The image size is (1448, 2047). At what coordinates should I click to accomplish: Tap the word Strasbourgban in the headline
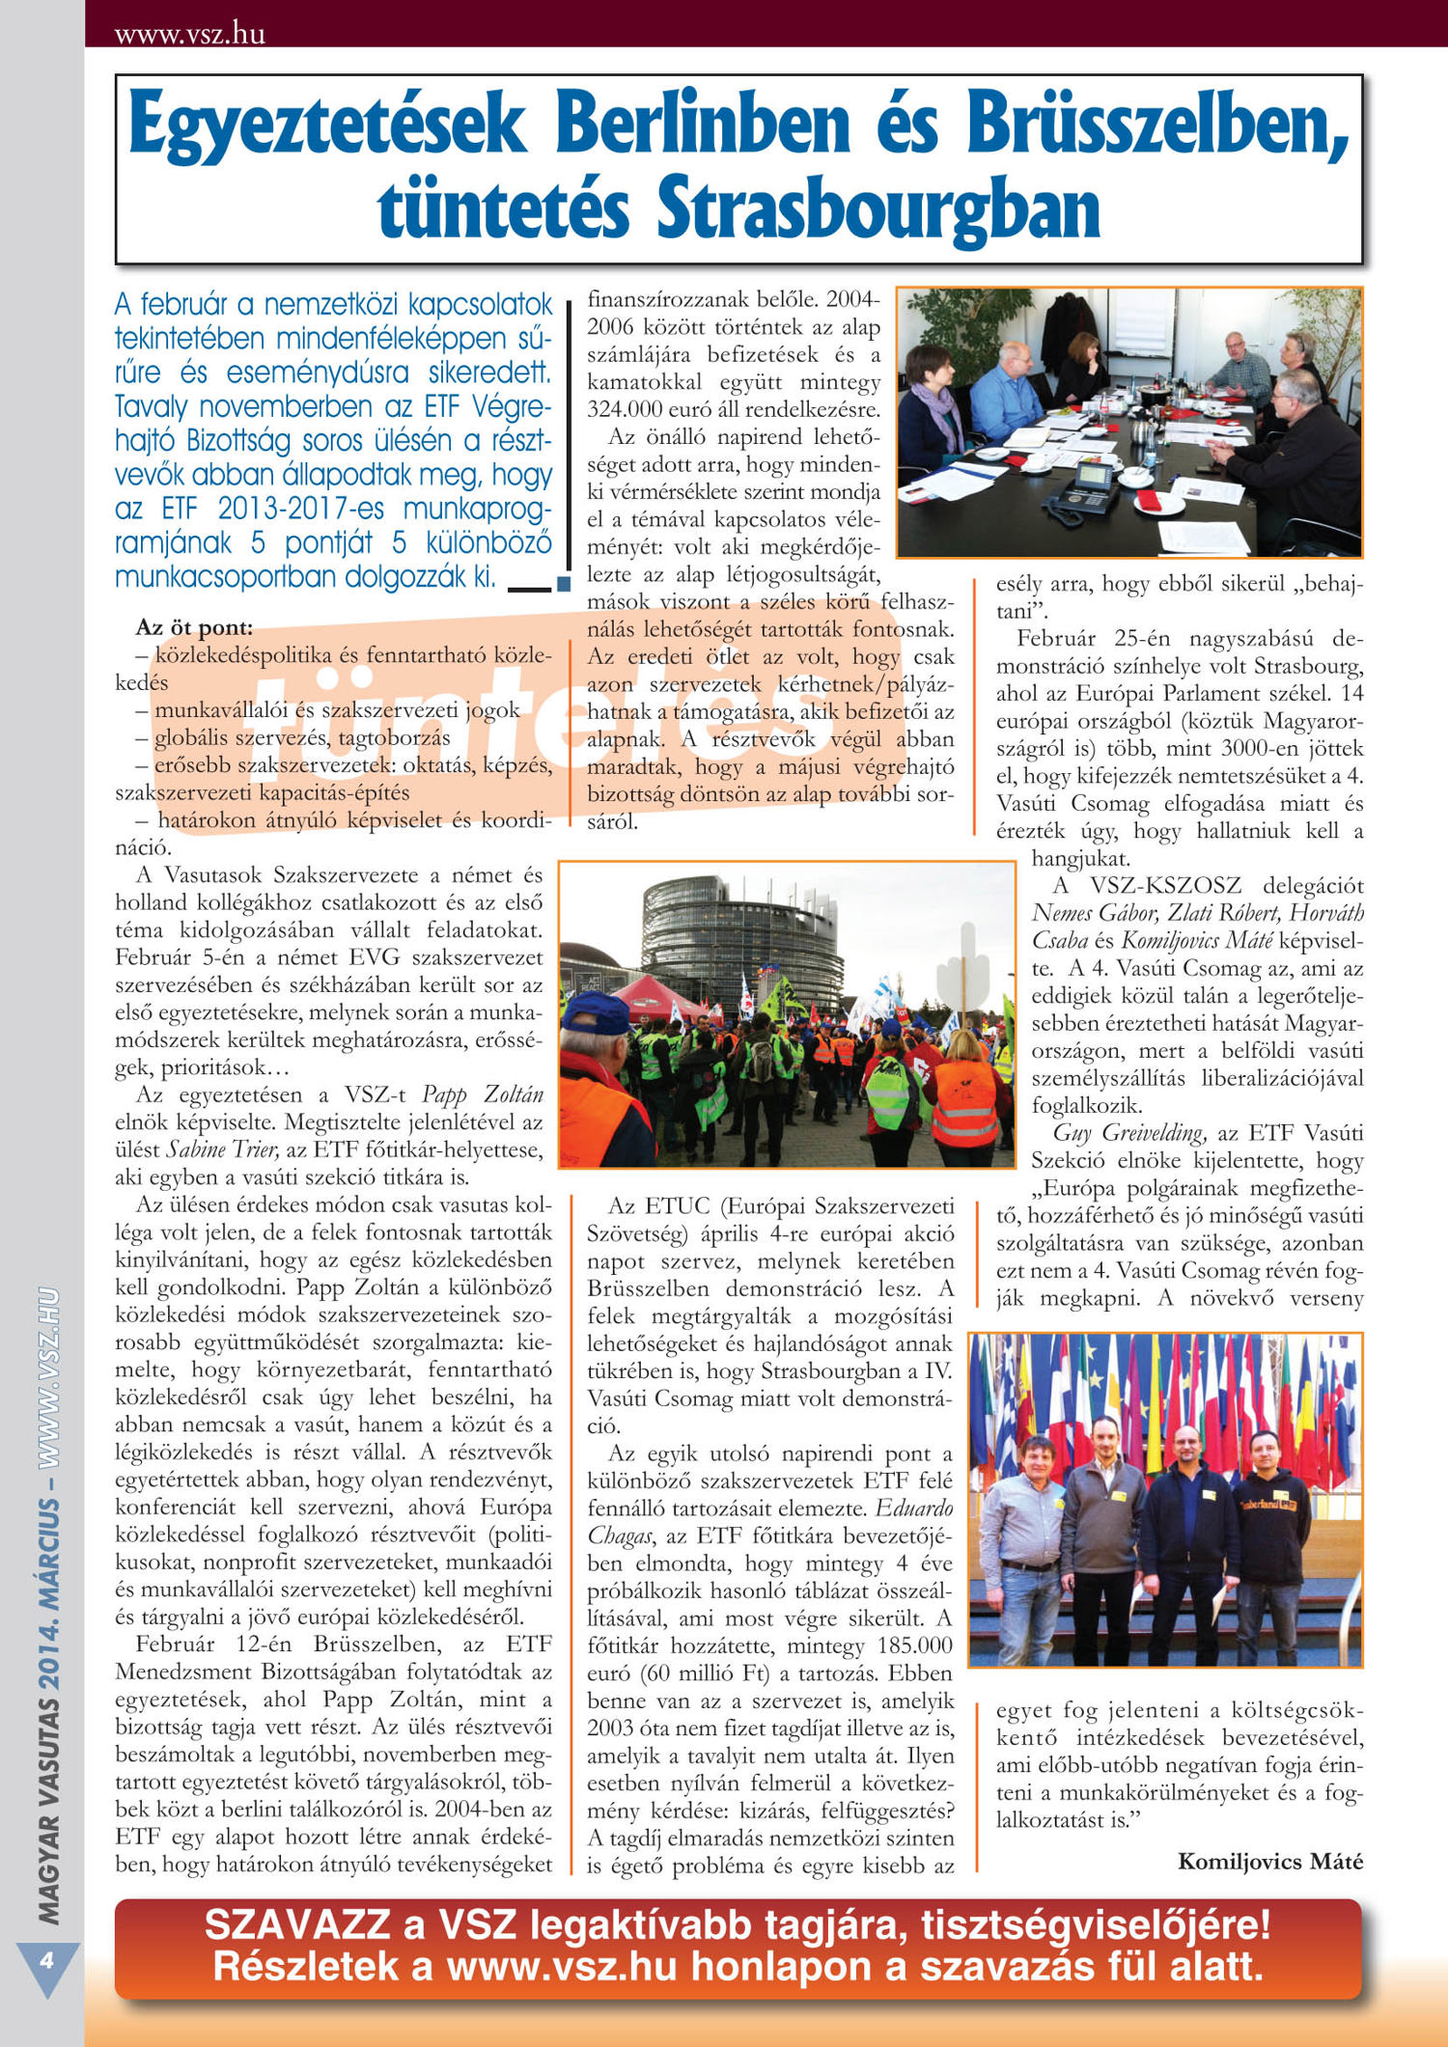877,209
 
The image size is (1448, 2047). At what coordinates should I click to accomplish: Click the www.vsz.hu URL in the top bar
189,34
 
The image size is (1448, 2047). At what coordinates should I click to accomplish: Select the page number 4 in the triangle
45,1961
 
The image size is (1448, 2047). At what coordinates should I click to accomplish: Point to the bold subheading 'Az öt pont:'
194,627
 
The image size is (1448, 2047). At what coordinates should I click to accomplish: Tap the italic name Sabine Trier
223,1149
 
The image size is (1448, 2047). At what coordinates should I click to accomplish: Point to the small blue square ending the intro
564,584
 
